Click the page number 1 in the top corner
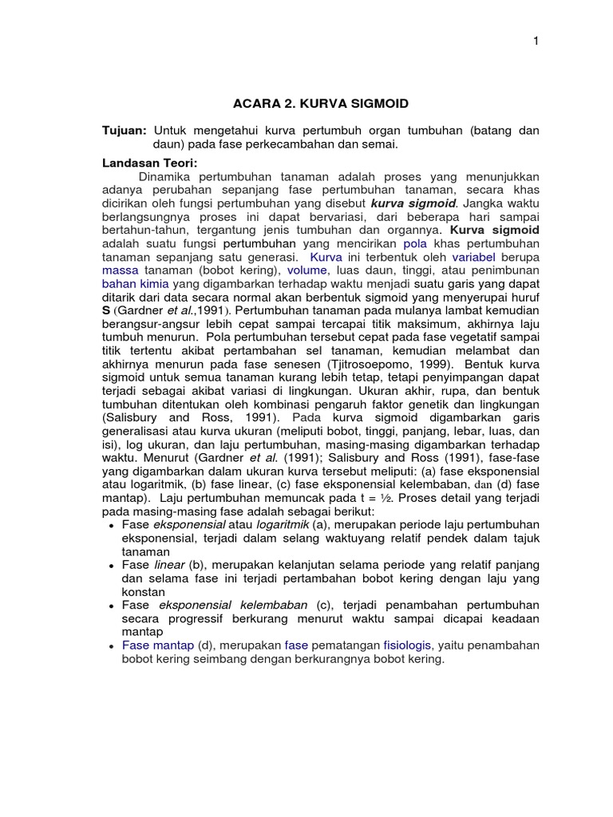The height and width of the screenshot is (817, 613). tap(536, 41)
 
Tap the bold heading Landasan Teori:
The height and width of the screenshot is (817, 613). tap(144, 162)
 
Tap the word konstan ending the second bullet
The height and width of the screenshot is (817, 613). tap(143, 592)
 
